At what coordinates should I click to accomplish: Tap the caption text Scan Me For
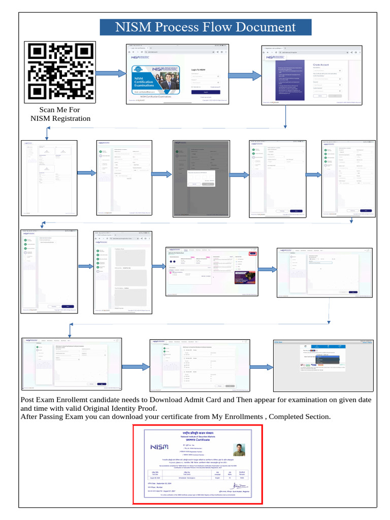60,110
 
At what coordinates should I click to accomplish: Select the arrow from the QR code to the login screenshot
110,74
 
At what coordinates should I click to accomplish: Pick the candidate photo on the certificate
239,450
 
